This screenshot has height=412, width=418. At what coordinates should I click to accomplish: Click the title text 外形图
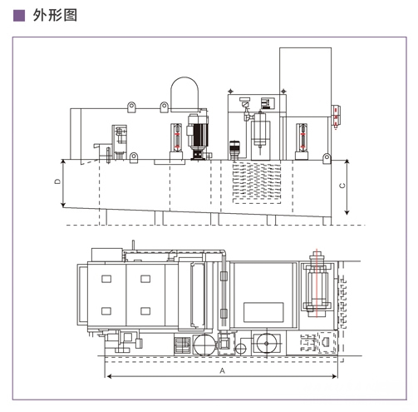coord(55,15)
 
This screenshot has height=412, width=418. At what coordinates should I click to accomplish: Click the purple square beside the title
coord(19,16)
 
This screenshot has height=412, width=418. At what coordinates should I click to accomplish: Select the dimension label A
coord(222,370)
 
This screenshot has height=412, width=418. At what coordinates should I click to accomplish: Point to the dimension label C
coord(342,186)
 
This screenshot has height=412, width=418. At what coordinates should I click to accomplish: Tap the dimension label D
coord(57,181)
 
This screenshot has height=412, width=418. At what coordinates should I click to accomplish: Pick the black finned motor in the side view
coord(198,137)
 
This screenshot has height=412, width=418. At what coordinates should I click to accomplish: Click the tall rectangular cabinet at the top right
coord(305,82)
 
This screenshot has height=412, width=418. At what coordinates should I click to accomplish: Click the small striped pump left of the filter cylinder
coord(234,150)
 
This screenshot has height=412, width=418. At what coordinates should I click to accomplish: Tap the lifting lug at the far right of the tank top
coord(327,158)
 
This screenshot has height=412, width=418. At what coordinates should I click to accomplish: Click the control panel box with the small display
coord(268,103)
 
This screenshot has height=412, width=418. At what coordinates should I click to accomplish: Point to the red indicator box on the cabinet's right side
coord(337,116)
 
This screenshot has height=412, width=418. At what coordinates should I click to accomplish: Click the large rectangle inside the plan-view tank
coord(263,312)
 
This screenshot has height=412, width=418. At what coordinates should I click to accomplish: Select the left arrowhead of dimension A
coord(109,376)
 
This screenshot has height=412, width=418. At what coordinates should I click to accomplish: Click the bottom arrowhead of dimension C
coord(347,212)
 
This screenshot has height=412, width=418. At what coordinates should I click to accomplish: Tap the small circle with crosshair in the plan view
coord(240,349)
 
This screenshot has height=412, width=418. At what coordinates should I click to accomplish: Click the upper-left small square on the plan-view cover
coord(106,279)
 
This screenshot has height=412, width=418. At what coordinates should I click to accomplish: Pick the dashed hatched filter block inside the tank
coord(257,182)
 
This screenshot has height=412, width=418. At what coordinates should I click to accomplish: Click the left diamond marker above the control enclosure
coord(230,91)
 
